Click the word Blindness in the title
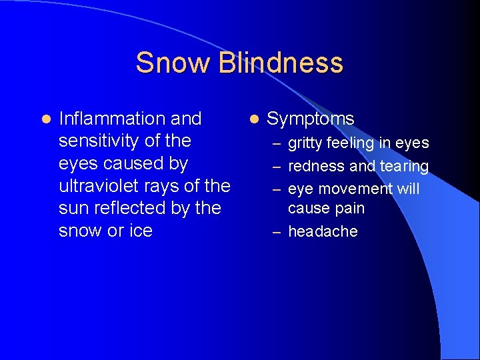(x=281, y=63)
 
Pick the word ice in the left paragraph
(x=141, y=231)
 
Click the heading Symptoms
(x=310, y=119)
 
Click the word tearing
(x=403, y=166)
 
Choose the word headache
(x=323, y=231)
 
